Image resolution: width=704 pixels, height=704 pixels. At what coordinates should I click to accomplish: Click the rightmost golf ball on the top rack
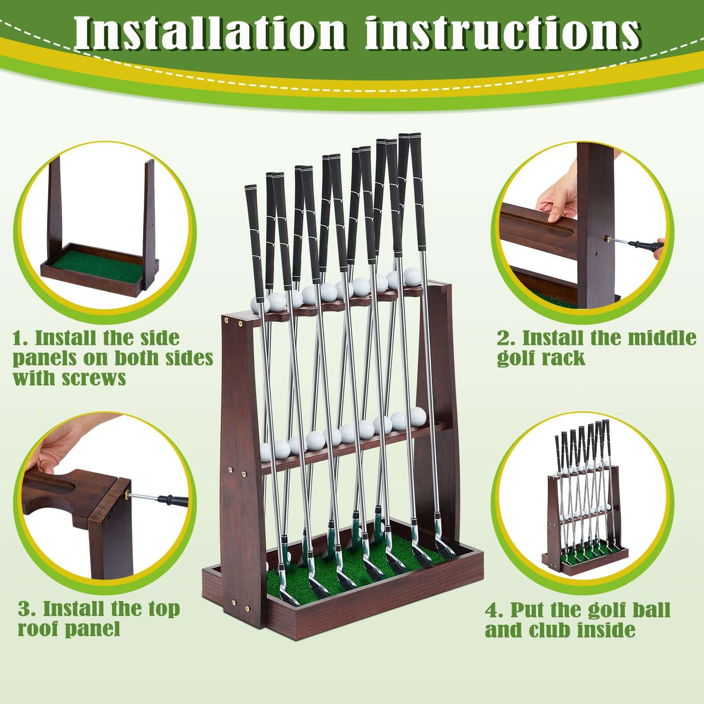[412, 276]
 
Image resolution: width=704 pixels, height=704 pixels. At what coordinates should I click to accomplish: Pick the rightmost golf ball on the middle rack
[418, 415]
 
